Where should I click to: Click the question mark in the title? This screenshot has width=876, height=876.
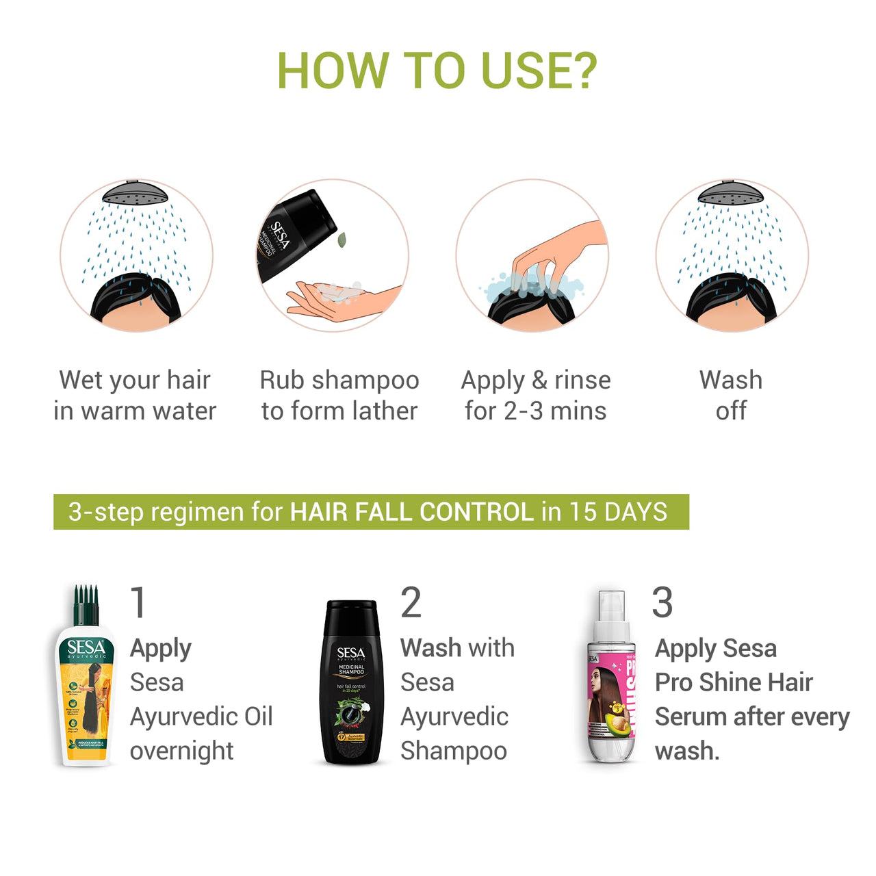pos(581,70)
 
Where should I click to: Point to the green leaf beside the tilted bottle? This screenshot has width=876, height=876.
pos(342,240)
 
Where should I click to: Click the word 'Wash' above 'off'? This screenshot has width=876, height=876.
pos(730,380)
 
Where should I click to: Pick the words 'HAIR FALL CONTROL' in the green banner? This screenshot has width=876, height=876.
pos(411,512)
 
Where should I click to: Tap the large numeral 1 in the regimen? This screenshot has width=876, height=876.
pos(138,602)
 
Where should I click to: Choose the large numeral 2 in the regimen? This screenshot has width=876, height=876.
pos(411,602)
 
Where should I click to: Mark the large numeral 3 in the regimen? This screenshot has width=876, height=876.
pos(662,602)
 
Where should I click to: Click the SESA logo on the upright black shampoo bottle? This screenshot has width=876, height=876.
pos(351,654)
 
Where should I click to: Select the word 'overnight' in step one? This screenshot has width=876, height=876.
pos(181,751)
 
